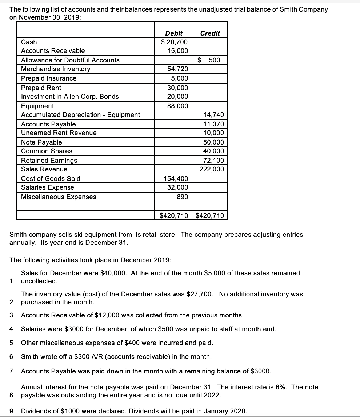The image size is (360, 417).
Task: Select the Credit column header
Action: [x=210, y=33]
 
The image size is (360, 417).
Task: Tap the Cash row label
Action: [x=29, y=42]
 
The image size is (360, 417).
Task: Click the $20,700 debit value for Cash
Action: [x=175, y=42]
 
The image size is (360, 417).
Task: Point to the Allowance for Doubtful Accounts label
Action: [x=70, y=60]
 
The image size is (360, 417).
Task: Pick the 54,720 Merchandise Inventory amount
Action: [x=177, y=69]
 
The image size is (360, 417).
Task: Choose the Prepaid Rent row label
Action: [x=41, y=88]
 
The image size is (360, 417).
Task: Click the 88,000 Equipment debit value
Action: [x=177, y=106]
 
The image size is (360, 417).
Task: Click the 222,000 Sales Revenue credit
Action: [x=212, y=169]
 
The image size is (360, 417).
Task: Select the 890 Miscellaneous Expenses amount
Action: [x=182, y=197]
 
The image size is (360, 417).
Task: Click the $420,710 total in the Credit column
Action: [x=210, y=216]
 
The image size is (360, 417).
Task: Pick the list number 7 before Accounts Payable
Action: [x=12, y=371]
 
